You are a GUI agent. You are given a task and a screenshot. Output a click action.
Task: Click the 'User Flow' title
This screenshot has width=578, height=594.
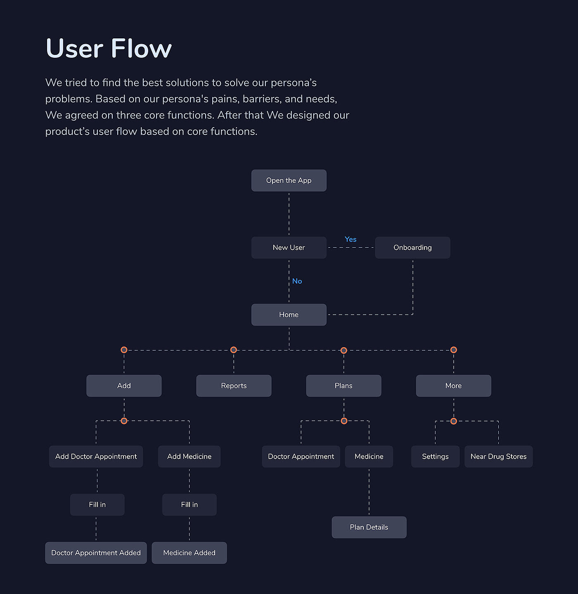point(109,48)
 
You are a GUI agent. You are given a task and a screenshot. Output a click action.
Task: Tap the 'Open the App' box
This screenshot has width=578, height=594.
point(289,180)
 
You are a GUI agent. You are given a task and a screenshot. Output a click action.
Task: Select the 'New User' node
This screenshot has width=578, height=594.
point(289,248)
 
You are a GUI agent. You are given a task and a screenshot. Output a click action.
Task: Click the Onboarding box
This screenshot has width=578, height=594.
point(412,248)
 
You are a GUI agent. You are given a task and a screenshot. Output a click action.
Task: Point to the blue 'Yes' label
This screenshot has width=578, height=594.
point(351,239)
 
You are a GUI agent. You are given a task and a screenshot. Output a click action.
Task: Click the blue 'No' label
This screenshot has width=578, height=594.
point(297,281)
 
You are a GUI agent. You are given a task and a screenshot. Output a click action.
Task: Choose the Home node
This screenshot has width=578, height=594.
point(289,315)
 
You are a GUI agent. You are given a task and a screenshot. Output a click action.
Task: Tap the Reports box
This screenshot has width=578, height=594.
point(234,386)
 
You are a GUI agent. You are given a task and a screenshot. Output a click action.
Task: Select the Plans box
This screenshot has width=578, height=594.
point(343,386)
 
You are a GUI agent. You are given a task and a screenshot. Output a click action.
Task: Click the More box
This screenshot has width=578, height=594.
point(453,386)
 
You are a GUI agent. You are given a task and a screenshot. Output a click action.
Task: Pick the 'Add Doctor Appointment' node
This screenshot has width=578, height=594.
point(96,457)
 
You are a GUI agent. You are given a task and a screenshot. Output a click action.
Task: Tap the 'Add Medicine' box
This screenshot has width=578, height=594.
point(189,457)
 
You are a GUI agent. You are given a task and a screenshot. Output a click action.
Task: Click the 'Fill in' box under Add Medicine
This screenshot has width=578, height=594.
point(189,504)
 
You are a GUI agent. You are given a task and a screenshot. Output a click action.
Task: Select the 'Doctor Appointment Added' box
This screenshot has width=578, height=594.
point(96,553)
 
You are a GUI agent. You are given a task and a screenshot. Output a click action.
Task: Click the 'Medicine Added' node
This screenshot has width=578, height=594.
point(189,553)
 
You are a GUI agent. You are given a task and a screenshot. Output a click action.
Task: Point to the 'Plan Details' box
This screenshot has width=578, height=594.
point(369,527)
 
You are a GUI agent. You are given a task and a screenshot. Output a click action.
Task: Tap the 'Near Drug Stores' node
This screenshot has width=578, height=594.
point(498,457)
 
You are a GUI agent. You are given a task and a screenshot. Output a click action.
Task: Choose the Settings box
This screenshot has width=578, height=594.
point(435,457)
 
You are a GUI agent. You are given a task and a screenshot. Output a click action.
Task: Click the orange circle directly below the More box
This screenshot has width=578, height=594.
point(454,421)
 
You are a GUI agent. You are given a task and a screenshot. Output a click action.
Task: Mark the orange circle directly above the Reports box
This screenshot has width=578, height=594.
point(234,350)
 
